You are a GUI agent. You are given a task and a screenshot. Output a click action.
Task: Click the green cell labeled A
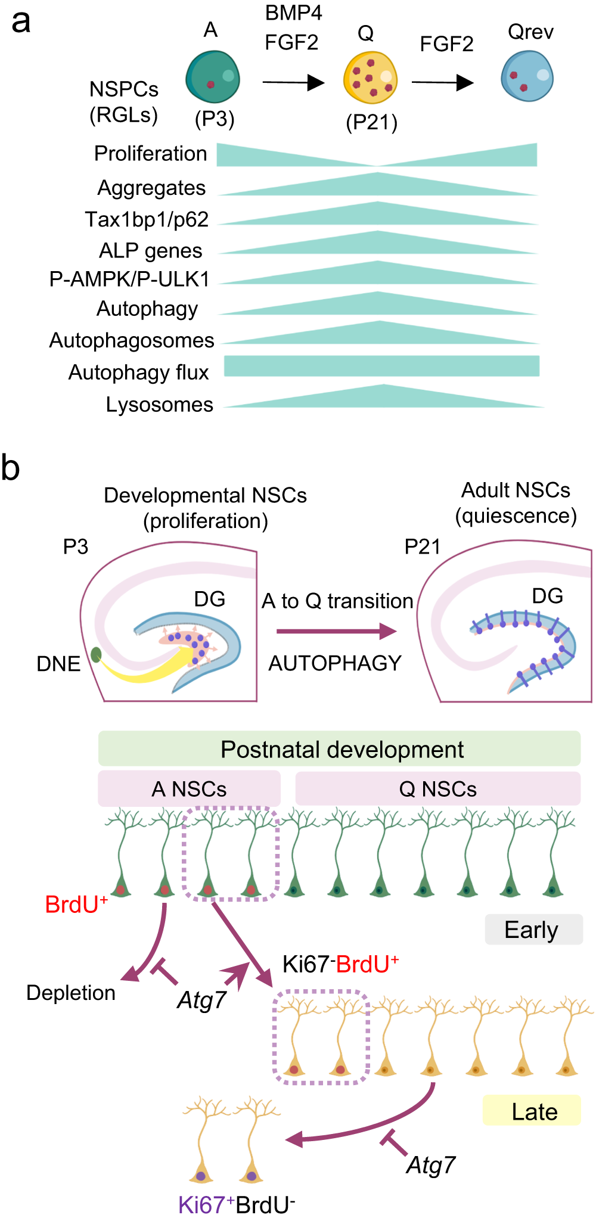point(213,77)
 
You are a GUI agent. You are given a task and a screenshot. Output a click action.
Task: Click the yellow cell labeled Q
point(370,77)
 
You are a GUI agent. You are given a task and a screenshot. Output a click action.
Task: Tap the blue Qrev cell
point(527,76)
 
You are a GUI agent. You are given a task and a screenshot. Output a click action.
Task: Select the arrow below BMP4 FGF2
point(293,82)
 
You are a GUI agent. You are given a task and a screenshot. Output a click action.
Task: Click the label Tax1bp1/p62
point(147,219)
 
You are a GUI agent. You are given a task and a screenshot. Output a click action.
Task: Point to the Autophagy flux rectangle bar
point(381,366)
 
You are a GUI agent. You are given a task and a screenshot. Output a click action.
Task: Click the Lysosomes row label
point(159,405)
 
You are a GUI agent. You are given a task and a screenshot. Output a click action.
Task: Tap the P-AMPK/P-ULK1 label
point(129,279)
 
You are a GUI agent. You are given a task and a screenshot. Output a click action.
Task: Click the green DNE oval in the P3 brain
point(95,655)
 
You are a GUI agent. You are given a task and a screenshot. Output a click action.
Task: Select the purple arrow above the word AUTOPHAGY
point(337,631)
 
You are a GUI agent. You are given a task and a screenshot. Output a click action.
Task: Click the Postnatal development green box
point(339,749)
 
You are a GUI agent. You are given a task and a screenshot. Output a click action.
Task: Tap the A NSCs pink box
point(189,789)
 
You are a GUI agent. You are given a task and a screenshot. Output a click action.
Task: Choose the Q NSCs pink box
point(437,789)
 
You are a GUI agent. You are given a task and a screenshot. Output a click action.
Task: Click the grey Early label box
point(533,930)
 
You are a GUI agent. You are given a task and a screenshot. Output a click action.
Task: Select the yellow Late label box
point(532,1111)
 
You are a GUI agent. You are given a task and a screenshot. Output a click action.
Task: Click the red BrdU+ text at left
point(76,905)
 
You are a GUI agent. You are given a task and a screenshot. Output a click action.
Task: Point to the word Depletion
point(71,993)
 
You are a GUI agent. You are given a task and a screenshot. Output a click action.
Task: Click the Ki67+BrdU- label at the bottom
point(237,1205)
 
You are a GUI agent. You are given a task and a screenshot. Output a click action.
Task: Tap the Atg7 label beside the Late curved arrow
point(431,1165)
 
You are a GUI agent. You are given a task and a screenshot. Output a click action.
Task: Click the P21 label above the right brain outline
point(422,546)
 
